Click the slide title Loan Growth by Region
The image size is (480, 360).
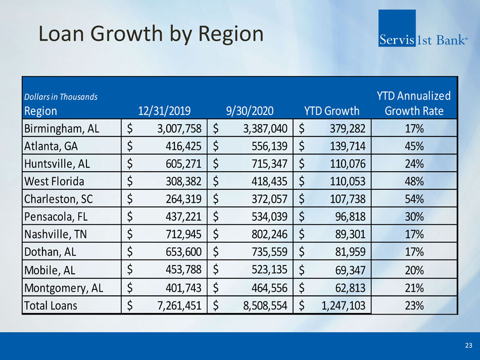152,34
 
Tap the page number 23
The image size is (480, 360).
468,346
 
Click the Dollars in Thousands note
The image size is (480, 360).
61,96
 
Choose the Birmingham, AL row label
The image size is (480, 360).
62,128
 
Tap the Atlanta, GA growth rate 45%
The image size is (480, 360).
414,146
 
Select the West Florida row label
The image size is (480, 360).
54,181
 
